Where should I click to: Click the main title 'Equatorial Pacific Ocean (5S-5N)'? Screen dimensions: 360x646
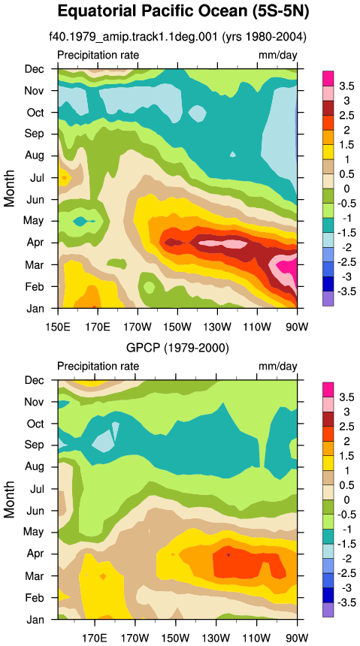[183, 11]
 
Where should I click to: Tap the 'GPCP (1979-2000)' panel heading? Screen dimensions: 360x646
[177, 349]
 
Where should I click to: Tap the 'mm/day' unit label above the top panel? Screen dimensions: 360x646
[278, 55]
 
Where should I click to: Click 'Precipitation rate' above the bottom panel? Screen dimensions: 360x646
[98, 367]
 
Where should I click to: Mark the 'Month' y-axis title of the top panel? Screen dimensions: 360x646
[9, 189]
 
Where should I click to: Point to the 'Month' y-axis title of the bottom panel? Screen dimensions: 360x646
[9, 500]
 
